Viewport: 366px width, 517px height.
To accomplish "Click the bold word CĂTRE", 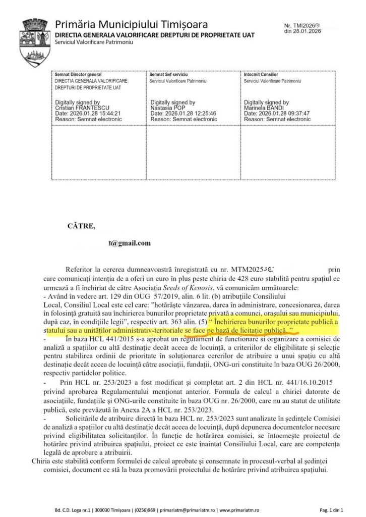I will [x=81, y=226].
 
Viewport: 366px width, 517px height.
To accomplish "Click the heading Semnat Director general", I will [x=78, y=75].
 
